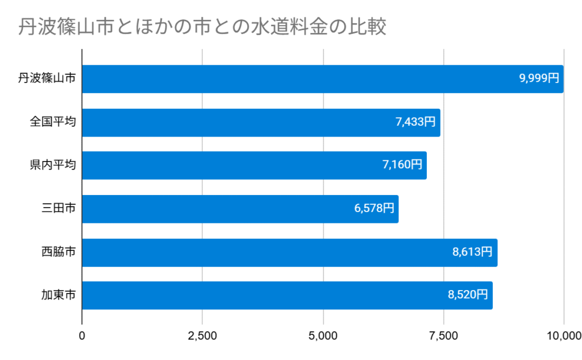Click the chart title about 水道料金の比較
coord(202,27)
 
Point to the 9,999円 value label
coord(539,78)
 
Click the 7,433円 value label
coord(415,122)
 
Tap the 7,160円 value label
coord(402,165)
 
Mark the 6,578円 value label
coord(374,209)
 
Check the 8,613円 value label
coord(472,252)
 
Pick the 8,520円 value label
coord(468,295)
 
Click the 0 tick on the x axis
coord(82,336)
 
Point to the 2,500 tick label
coord(202,336)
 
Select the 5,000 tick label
coord(323,336)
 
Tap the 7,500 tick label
coord(443,336)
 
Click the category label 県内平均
coord(53,165)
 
